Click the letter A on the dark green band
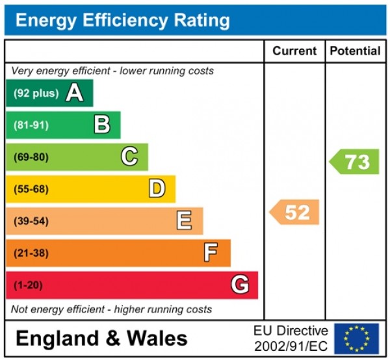pos(75,94)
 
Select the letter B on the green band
pos(102,125)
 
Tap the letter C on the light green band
pos(129,157)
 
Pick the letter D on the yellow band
pos(157,189)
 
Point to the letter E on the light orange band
pos(184,221)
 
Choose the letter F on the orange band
pos(211,253)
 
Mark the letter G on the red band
pos(239,285)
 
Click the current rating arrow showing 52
pos(295,212)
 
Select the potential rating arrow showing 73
pos(355,162)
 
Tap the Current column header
pos(294,51)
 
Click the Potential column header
pos(355,51)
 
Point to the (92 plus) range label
pos(36,94)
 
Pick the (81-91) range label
pos(31,125)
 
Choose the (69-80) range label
pos(31,157)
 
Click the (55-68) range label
pos(31,189)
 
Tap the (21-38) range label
pos(31,253)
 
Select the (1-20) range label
pos(29,285)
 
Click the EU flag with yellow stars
pos(356,339)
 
